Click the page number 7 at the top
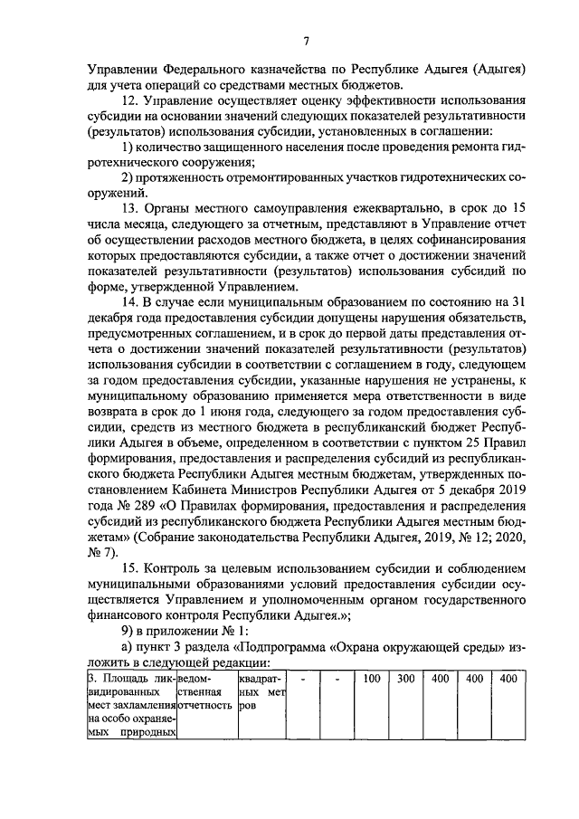[x=307, y=41]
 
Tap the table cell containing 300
[x=405, y=679]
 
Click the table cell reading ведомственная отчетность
[x=206, y=693]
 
